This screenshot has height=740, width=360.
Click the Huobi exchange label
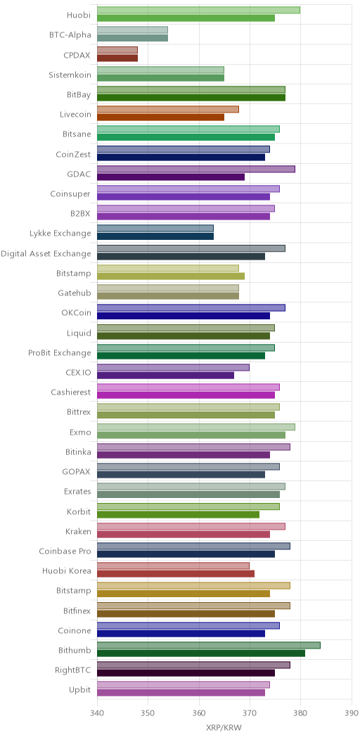coord(79,15)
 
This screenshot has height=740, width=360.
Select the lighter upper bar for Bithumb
coord(209,645)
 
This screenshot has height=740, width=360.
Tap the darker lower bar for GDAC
coord(171,177)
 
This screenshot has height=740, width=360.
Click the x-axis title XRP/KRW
coord(224,727)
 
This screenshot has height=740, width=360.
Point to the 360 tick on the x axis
coord(199,711)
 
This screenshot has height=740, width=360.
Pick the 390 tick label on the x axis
coord(352,711)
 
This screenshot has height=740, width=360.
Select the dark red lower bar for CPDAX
coord(117,58)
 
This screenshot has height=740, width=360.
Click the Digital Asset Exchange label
coord(46,253)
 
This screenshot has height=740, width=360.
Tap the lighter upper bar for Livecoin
coord(168,110)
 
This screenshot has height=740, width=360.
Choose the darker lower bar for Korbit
coord(179,514)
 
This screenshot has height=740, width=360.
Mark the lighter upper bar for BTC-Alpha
coord(133,30)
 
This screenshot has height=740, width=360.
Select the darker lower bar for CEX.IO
coord(166,375)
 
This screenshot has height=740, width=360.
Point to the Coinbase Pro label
coord(65,551)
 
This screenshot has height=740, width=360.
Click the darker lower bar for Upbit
coord(181,693)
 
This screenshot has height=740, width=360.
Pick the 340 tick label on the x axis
coord(97,711)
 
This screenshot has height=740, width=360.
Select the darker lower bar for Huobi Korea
coord(176,573)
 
